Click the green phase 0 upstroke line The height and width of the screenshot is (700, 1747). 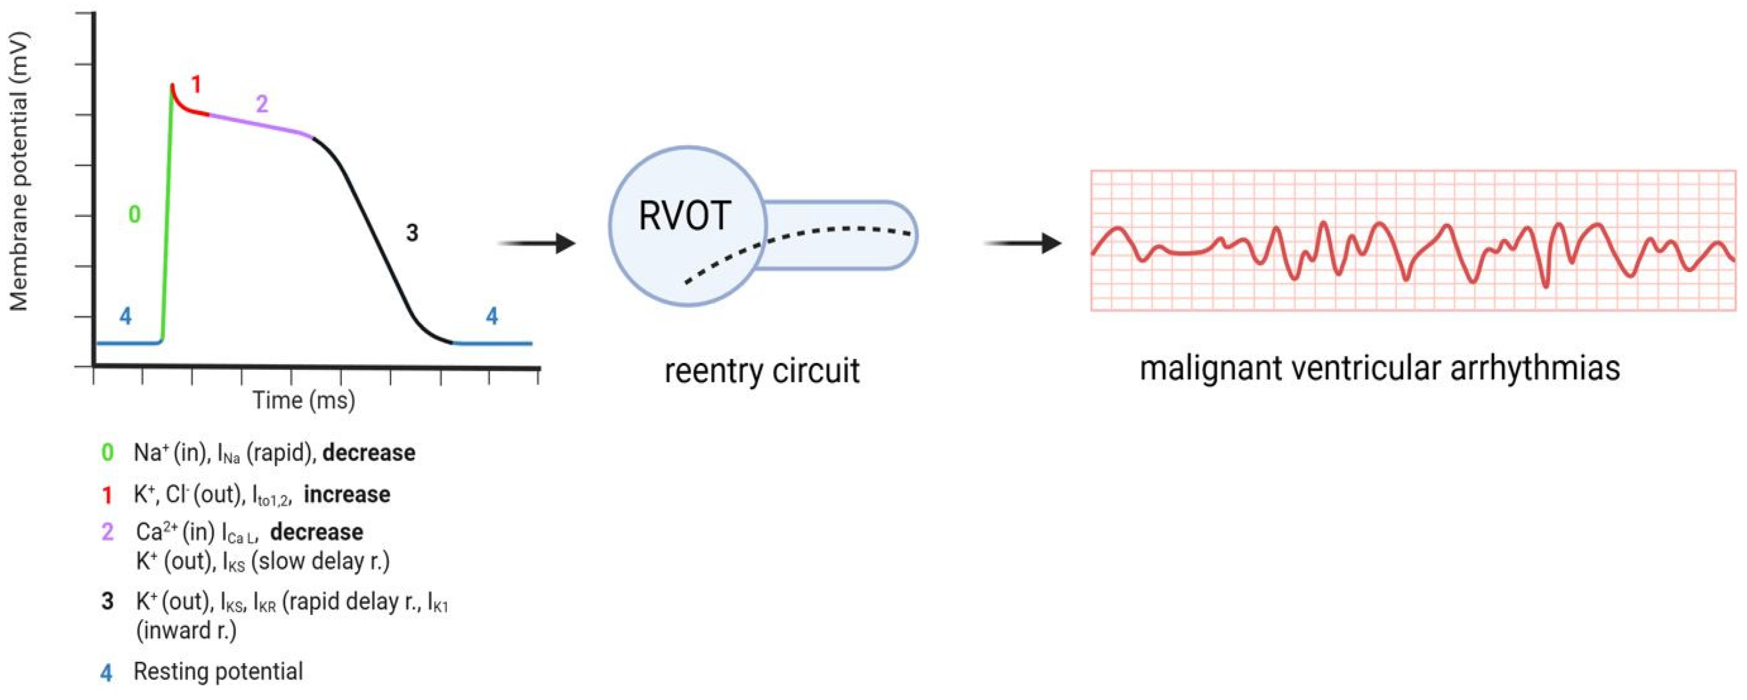point(167,217)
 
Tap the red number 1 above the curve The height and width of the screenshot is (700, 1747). point(196,84)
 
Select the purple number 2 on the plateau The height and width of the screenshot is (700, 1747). point(262,104)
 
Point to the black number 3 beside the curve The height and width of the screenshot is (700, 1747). point(412,233)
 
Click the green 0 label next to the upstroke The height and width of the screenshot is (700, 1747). point(134,214)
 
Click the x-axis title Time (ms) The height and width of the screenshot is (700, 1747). point(304,400)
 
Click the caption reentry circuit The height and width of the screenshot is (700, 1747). point(761,371)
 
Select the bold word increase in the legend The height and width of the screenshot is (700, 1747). point(347,495)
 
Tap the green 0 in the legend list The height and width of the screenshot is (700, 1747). point(107,453)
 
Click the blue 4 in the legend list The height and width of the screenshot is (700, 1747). point(107,673)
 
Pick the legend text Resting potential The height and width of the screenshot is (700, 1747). point(218,671)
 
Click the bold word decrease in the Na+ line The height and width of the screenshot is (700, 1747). point(368,453)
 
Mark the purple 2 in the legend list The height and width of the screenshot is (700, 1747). point(107,532)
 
